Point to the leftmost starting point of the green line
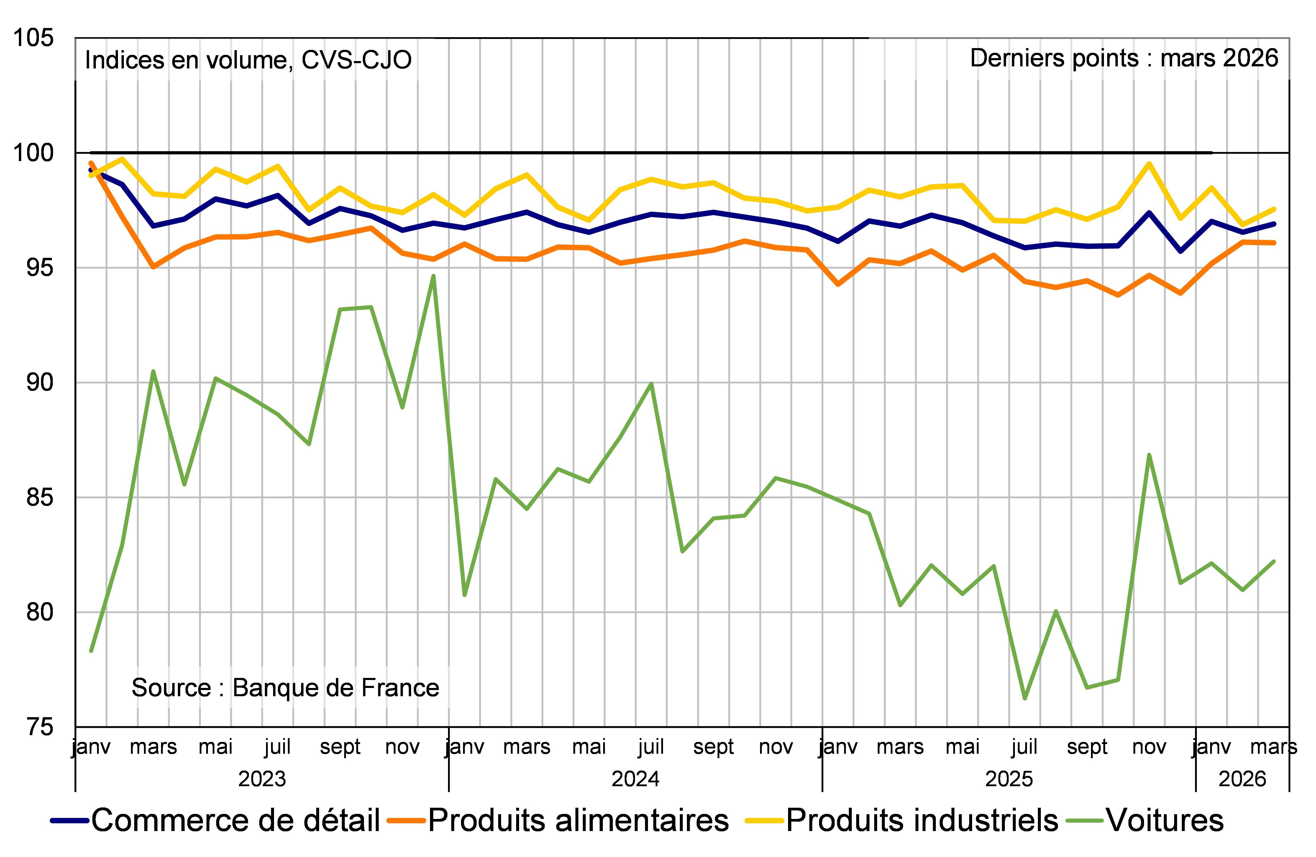(x=91, y=651)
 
